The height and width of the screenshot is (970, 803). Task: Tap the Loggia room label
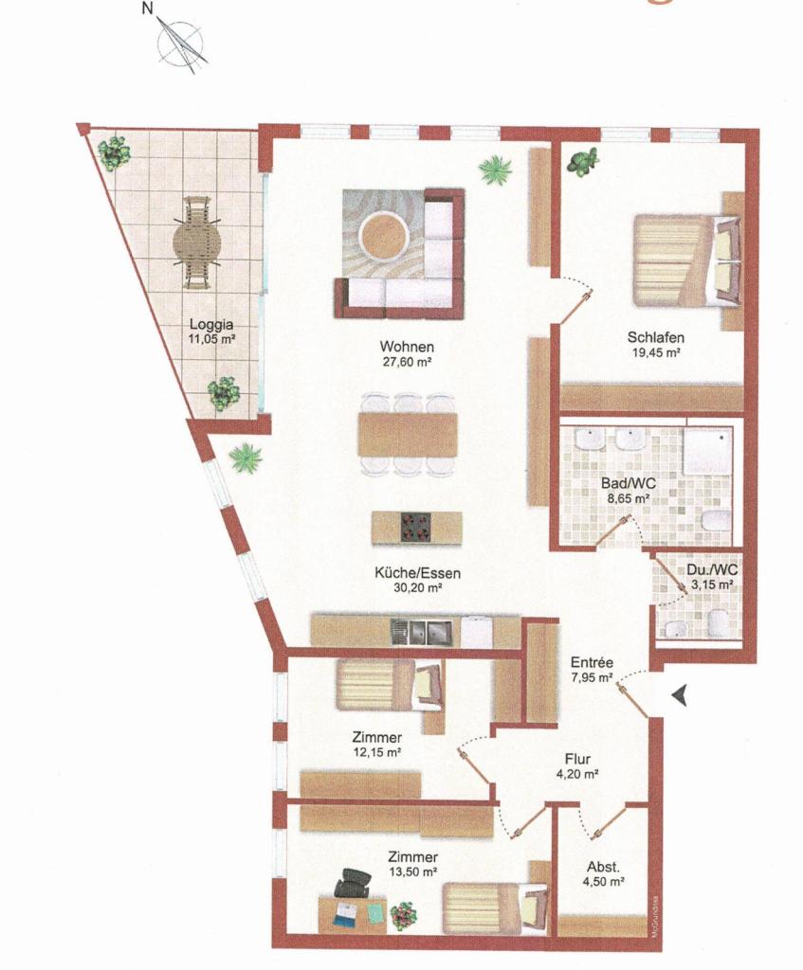211,323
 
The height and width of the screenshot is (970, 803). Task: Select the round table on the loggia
197,243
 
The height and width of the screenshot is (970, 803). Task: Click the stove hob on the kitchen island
416,528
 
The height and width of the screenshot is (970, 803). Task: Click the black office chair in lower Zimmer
353,883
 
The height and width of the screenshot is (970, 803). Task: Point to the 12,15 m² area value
376,753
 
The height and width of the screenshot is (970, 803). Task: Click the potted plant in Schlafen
584,162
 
